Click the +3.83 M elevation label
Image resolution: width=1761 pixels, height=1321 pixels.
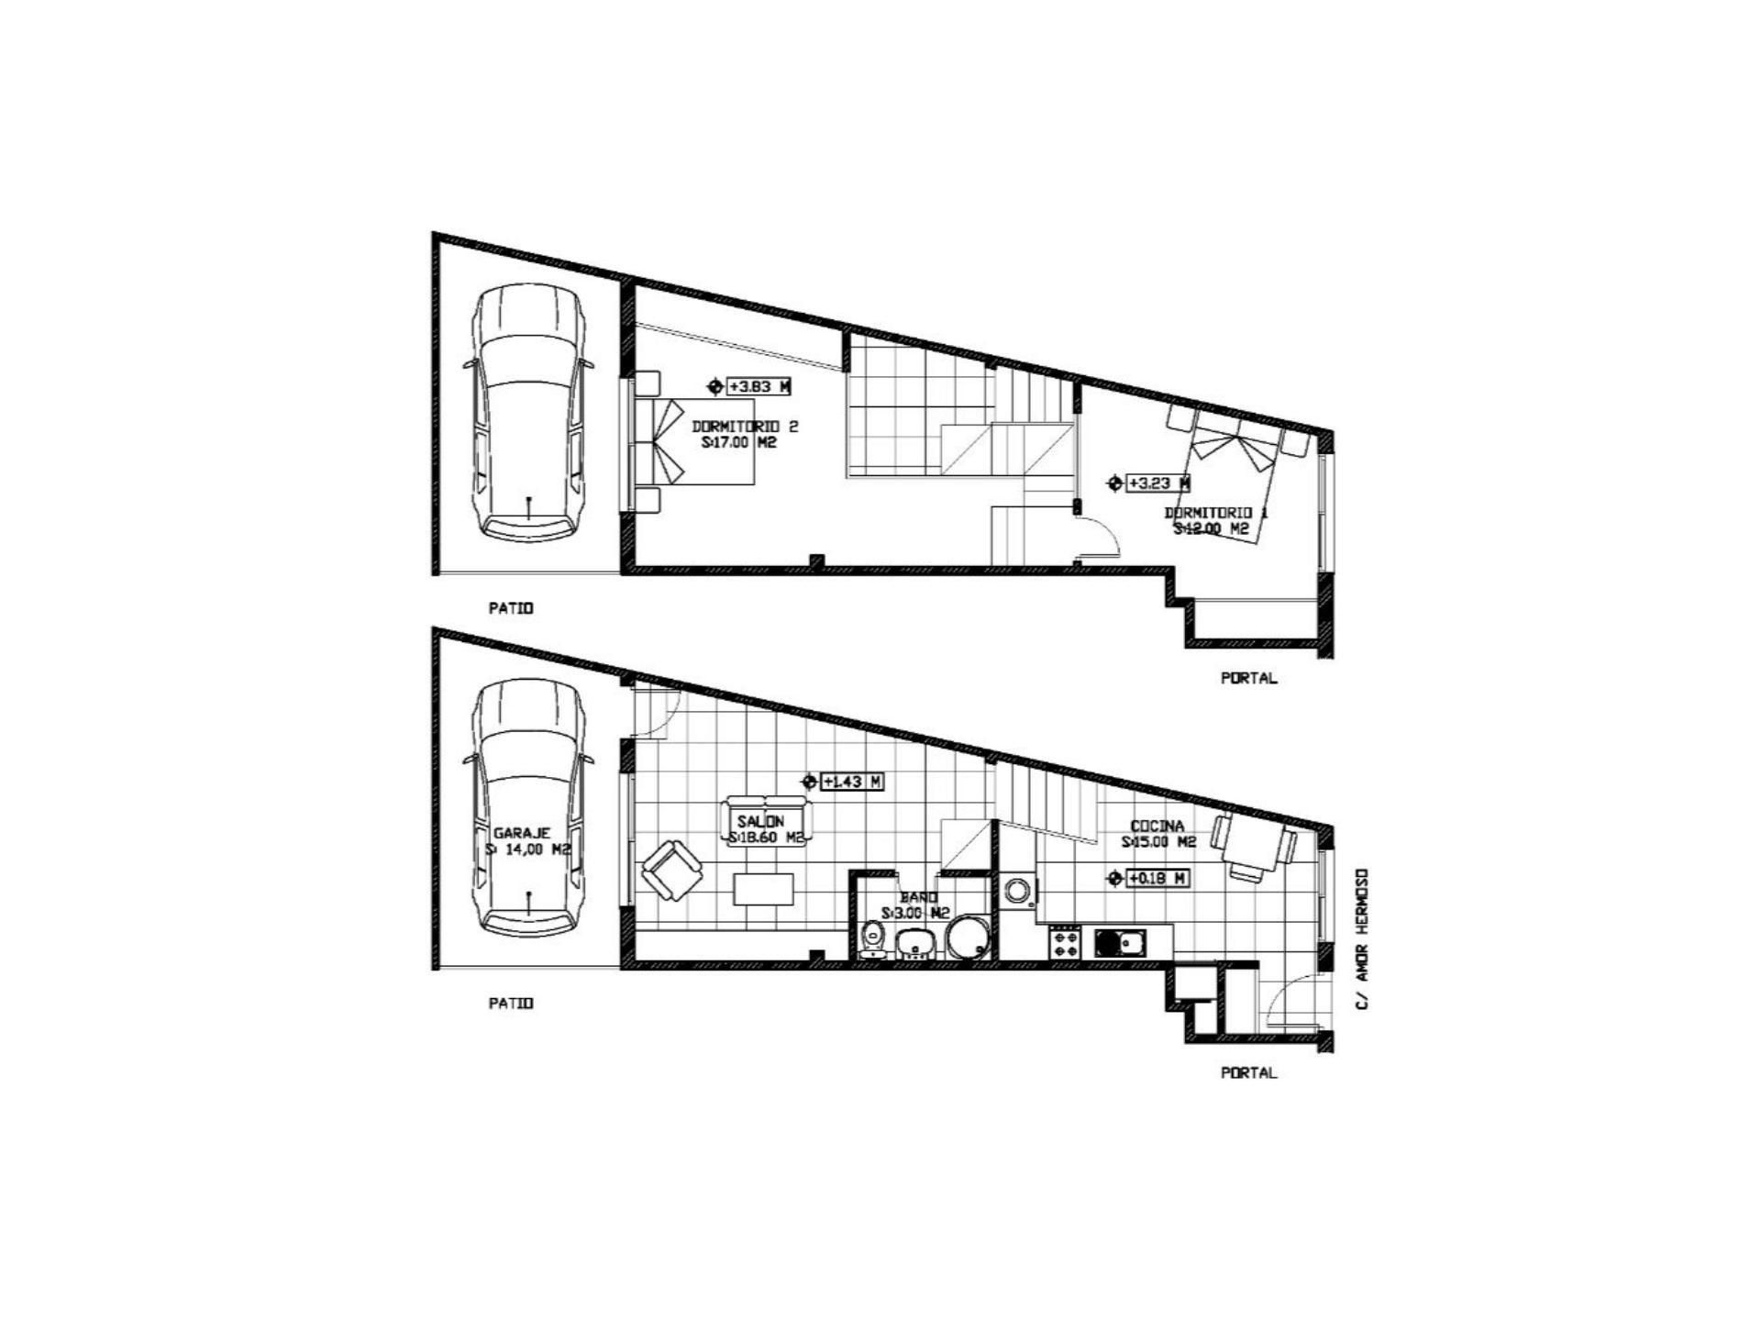tap(759, 386)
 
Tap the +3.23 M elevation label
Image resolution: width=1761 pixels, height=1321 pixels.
tap(1158, 483)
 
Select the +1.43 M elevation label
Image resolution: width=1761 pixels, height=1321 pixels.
tap(852, 782)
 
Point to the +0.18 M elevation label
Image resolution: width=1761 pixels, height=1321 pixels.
tap(1157, 878)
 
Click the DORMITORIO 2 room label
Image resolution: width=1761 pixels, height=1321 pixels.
tap(745, 427)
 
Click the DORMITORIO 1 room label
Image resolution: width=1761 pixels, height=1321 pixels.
tap(1215, 513)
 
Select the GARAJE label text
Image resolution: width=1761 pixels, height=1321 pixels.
tap(522, 833)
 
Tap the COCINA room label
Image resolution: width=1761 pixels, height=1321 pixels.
tap(1157, 826)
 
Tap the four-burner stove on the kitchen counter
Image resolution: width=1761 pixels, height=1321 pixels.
tap(1065, 942)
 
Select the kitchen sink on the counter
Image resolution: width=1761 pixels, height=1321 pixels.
tap(1118, 941)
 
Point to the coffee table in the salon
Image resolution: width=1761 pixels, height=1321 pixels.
tap(763, 889)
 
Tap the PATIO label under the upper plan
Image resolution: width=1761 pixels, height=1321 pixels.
tap(511, 608)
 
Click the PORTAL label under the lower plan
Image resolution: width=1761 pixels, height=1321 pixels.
tap(1248, 1072)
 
